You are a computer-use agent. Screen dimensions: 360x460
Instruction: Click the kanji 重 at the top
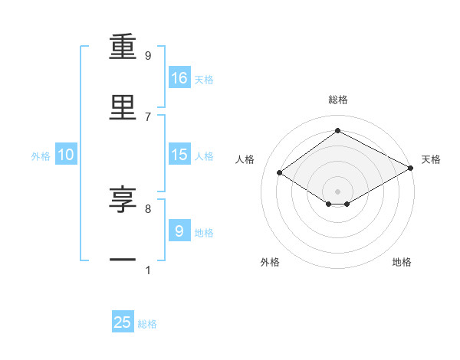[x=123, y=48]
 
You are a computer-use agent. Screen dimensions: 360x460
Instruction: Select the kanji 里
[x=123, y=108]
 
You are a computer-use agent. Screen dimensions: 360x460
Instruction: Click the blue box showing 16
[x=179, y=78]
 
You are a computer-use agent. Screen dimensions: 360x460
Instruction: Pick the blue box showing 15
[x=179, y=155]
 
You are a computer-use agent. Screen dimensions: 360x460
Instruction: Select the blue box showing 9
[x=179, y=231]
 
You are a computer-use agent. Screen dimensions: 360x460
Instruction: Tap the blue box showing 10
[x=66, y=155]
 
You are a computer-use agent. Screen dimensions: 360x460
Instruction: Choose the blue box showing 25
[x=123, y=322]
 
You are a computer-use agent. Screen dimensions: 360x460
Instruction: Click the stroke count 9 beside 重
[x=148, y=55]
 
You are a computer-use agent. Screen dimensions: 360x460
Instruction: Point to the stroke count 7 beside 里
[x=148, y=116]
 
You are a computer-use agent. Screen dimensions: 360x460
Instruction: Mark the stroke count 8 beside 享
[x=148, y=208]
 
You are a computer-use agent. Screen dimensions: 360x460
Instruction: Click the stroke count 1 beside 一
[x=148, y=270]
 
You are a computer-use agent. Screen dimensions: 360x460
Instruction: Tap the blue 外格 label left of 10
[x=41, y=155]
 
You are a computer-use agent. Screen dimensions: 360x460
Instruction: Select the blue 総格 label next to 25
[x=147, y=324]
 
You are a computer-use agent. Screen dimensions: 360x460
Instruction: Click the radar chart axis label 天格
[x=431, y=159]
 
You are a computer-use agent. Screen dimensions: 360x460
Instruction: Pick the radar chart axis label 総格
[x=338, y=100]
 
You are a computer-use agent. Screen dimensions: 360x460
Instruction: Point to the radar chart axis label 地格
[x=402, y=262]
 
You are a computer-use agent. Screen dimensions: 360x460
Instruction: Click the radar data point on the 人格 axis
[x=280, y=173]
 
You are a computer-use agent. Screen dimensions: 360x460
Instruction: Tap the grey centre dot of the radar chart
[x=338, y=191]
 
